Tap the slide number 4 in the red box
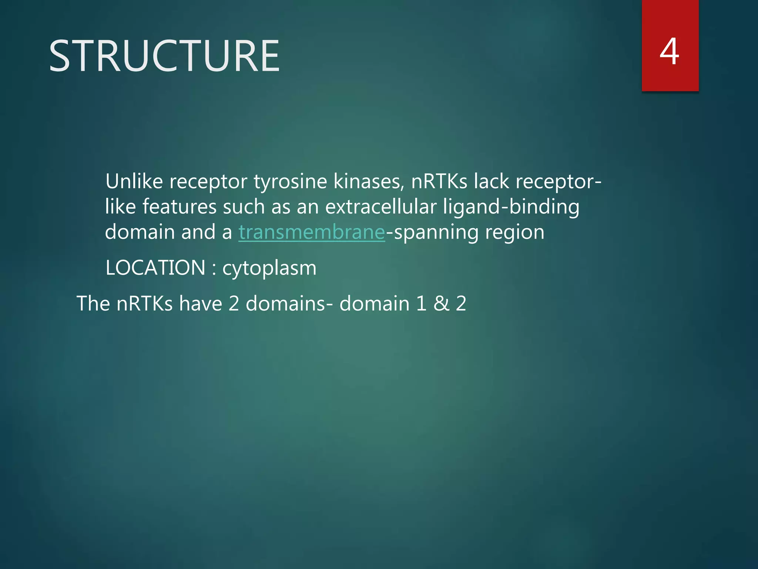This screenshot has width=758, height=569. coord(669,52)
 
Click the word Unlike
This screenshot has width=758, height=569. coord(134,182)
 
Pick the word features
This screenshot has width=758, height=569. coord(179,207)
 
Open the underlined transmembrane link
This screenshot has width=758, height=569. coord(312,232)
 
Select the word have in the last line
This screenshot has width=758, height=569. coord(200,303)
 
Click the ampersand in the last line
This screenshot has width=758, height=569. coord(441,303)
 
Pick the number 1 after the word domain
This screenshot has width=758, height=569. coord(421,303)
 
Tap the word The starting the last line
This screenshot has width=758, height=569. coord(93,303)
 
